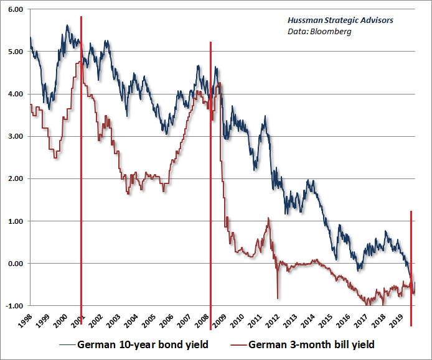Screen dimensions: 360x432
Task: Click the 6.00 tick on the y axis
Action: (x=15, y=10)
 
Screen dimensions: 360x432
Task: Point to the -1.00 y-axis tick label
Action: (x=14, y=305)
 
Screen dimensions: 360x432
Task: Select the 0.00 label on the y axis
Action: (x=15, y=264)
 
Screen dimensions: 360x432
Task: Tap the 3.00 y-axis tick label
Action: (x=15, y=137)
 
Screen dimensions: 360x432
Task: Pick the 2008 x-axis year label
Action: (x=203, y=321)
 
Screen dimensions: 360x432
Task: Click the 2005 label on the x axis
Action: (x=150, y=321)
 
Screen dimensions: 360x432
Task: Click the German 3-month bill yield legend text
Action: (x=311, y=344)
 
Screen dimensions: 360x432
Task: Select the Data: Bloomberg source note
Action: (x=324, y=31)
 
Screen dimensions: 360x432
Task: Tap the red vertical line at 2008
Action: (x=210, y=174)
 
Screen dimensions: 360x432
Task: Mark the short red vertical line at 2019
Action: (x=411, y=249)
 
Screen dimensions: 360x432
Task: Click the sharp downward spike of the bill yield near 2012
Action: (x=278, y=292)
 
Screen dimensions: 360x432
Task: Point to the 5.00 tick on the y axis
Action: (x=15, y=52)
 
